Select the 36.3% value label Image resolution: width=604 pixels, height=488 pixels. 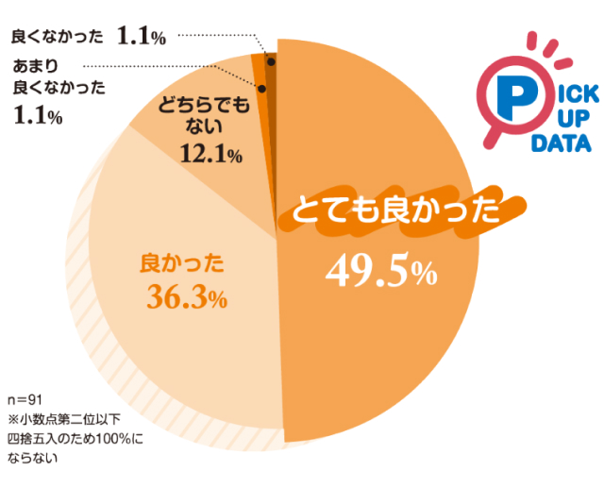[x=188, y=298]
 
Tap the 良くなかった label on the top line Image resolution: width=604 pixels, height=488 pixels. [x=58, y=37]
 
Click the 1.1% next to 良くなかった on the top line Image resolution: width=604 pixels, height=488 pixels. [x=142, y=37]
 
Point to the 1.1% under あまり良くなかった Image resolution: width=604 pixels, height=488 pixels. [x=39, y=117]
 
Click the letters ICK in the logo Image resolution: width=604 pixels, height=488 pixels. [x=566, y=93]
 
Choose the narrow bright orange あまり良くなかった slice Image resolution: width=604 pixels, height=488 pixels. [x=260, y=71]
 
